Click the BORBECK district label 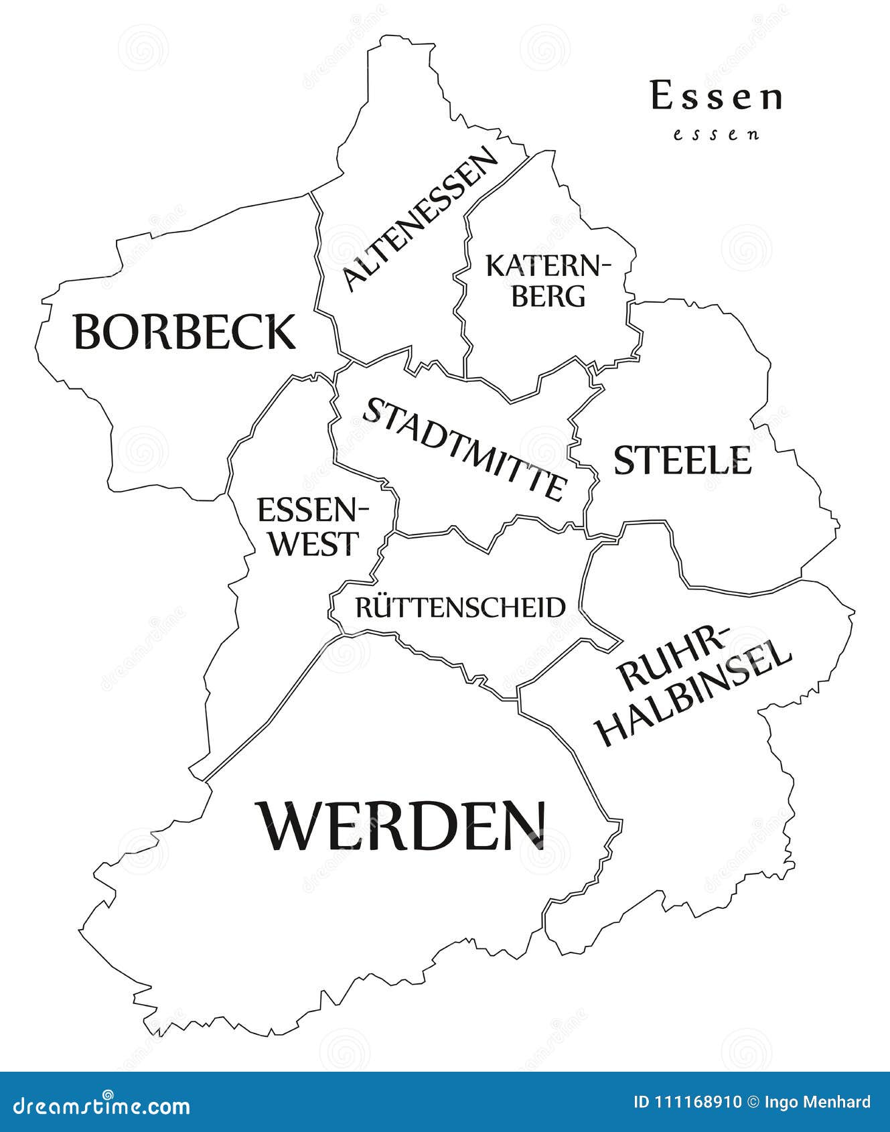(x=184, y=332)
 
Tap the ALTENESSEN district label (x=421, y=219)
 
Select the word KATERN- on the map (x=548, y=266)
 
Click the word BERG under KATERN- (x=548, y=295)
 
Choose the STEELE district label (x=682, y=461)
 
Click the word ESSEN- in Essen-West (x=313, y=511)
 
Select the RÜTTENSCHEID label (x=460, y=608)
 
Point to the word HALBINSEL (x=694, y=693)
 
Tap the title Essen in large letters (x=716, y=97)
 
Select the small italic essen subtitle (x=716, y=134)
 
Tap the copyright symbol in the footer (x=753, y=1102)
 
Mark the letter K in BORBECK (x=279, y=332)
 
